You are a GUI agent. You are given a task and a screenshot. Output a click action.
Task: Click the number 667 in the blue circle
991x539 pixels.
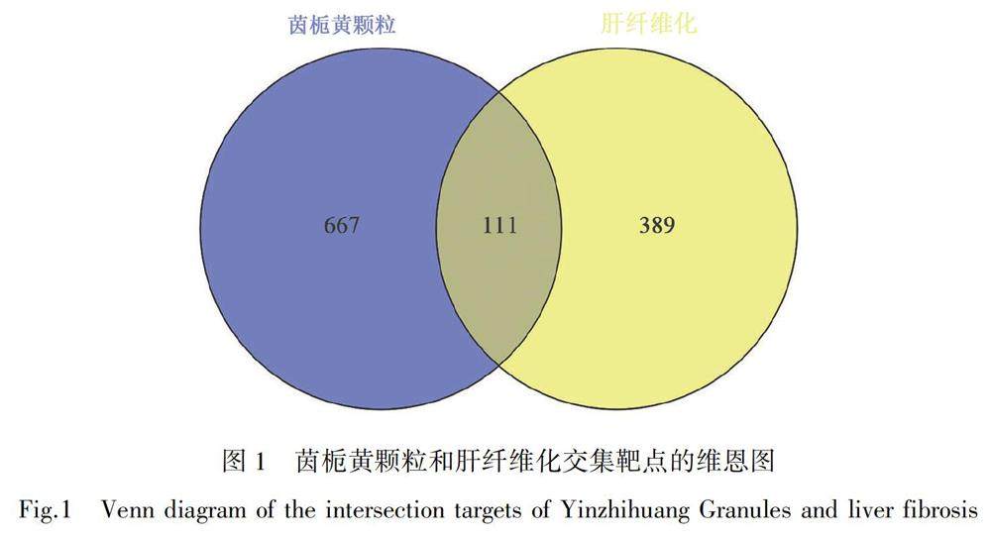coord(342,226)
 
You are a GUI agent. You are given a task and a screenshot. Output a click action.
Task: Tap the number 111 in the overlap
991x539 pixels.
coord(500,226)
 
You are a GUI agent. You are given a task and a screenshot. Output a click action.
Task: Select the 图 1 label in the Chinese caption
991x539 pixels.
coord(243,461)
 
